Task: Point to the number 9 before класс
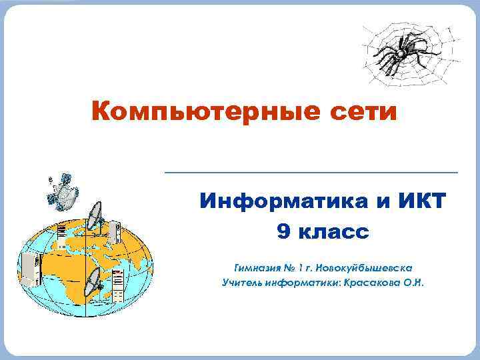(x=283, y=232)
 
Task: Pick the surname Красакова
(x=373, y=283)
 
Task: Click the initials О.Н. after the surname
(x=415, y=283)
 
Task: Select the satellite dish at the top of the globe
(x=95, y=216)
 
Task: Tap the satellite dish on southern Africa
(x=94, y=280)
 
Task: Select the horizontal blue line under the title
(x=311, y=173)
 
